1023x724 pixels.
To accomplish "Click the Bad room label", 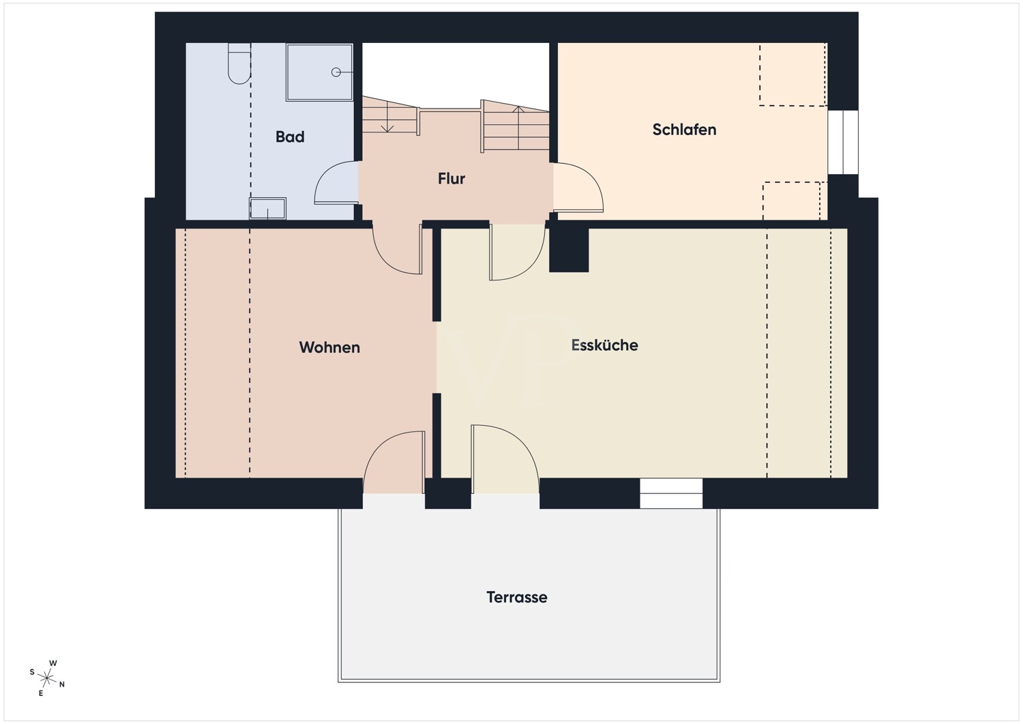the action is coord(290,136).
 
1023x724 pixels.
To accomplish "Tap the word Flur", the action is coord(451,179).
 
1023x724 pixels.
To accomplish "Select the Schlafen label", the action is coord(684,130).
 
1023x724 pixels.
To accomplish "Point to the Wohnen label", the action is coord(329,347).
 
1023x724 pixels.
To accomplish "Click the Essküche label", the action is coord(604,345).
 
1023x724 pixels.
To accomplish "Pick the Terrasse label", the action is coord(516,597).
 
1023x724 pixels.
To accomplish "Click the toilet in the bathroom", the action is coord(239,64).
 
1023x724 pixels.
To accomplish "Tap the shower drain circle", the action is coord(336,72).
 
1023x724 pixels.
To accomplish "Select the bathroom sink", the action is coord(267,208).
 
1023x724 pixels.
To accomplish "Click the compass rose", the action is coord(46,678).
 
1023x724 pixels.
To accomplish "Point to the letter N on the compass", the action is coord(62,684).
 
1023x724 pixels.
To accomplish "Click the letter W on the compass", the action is coord(53,663).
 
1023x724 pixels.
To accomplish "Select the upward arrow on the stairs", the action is coord(518,128).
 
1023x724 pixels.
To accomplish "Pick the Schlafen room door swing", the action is coord(578,188).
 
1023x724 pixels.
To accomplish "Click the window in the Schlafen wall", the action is coord(843,142).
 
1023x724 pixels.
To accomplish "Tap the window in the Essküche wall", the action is coord(671,493).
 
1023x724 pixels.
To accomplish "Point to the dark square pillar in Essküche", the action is coord(569,250).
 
